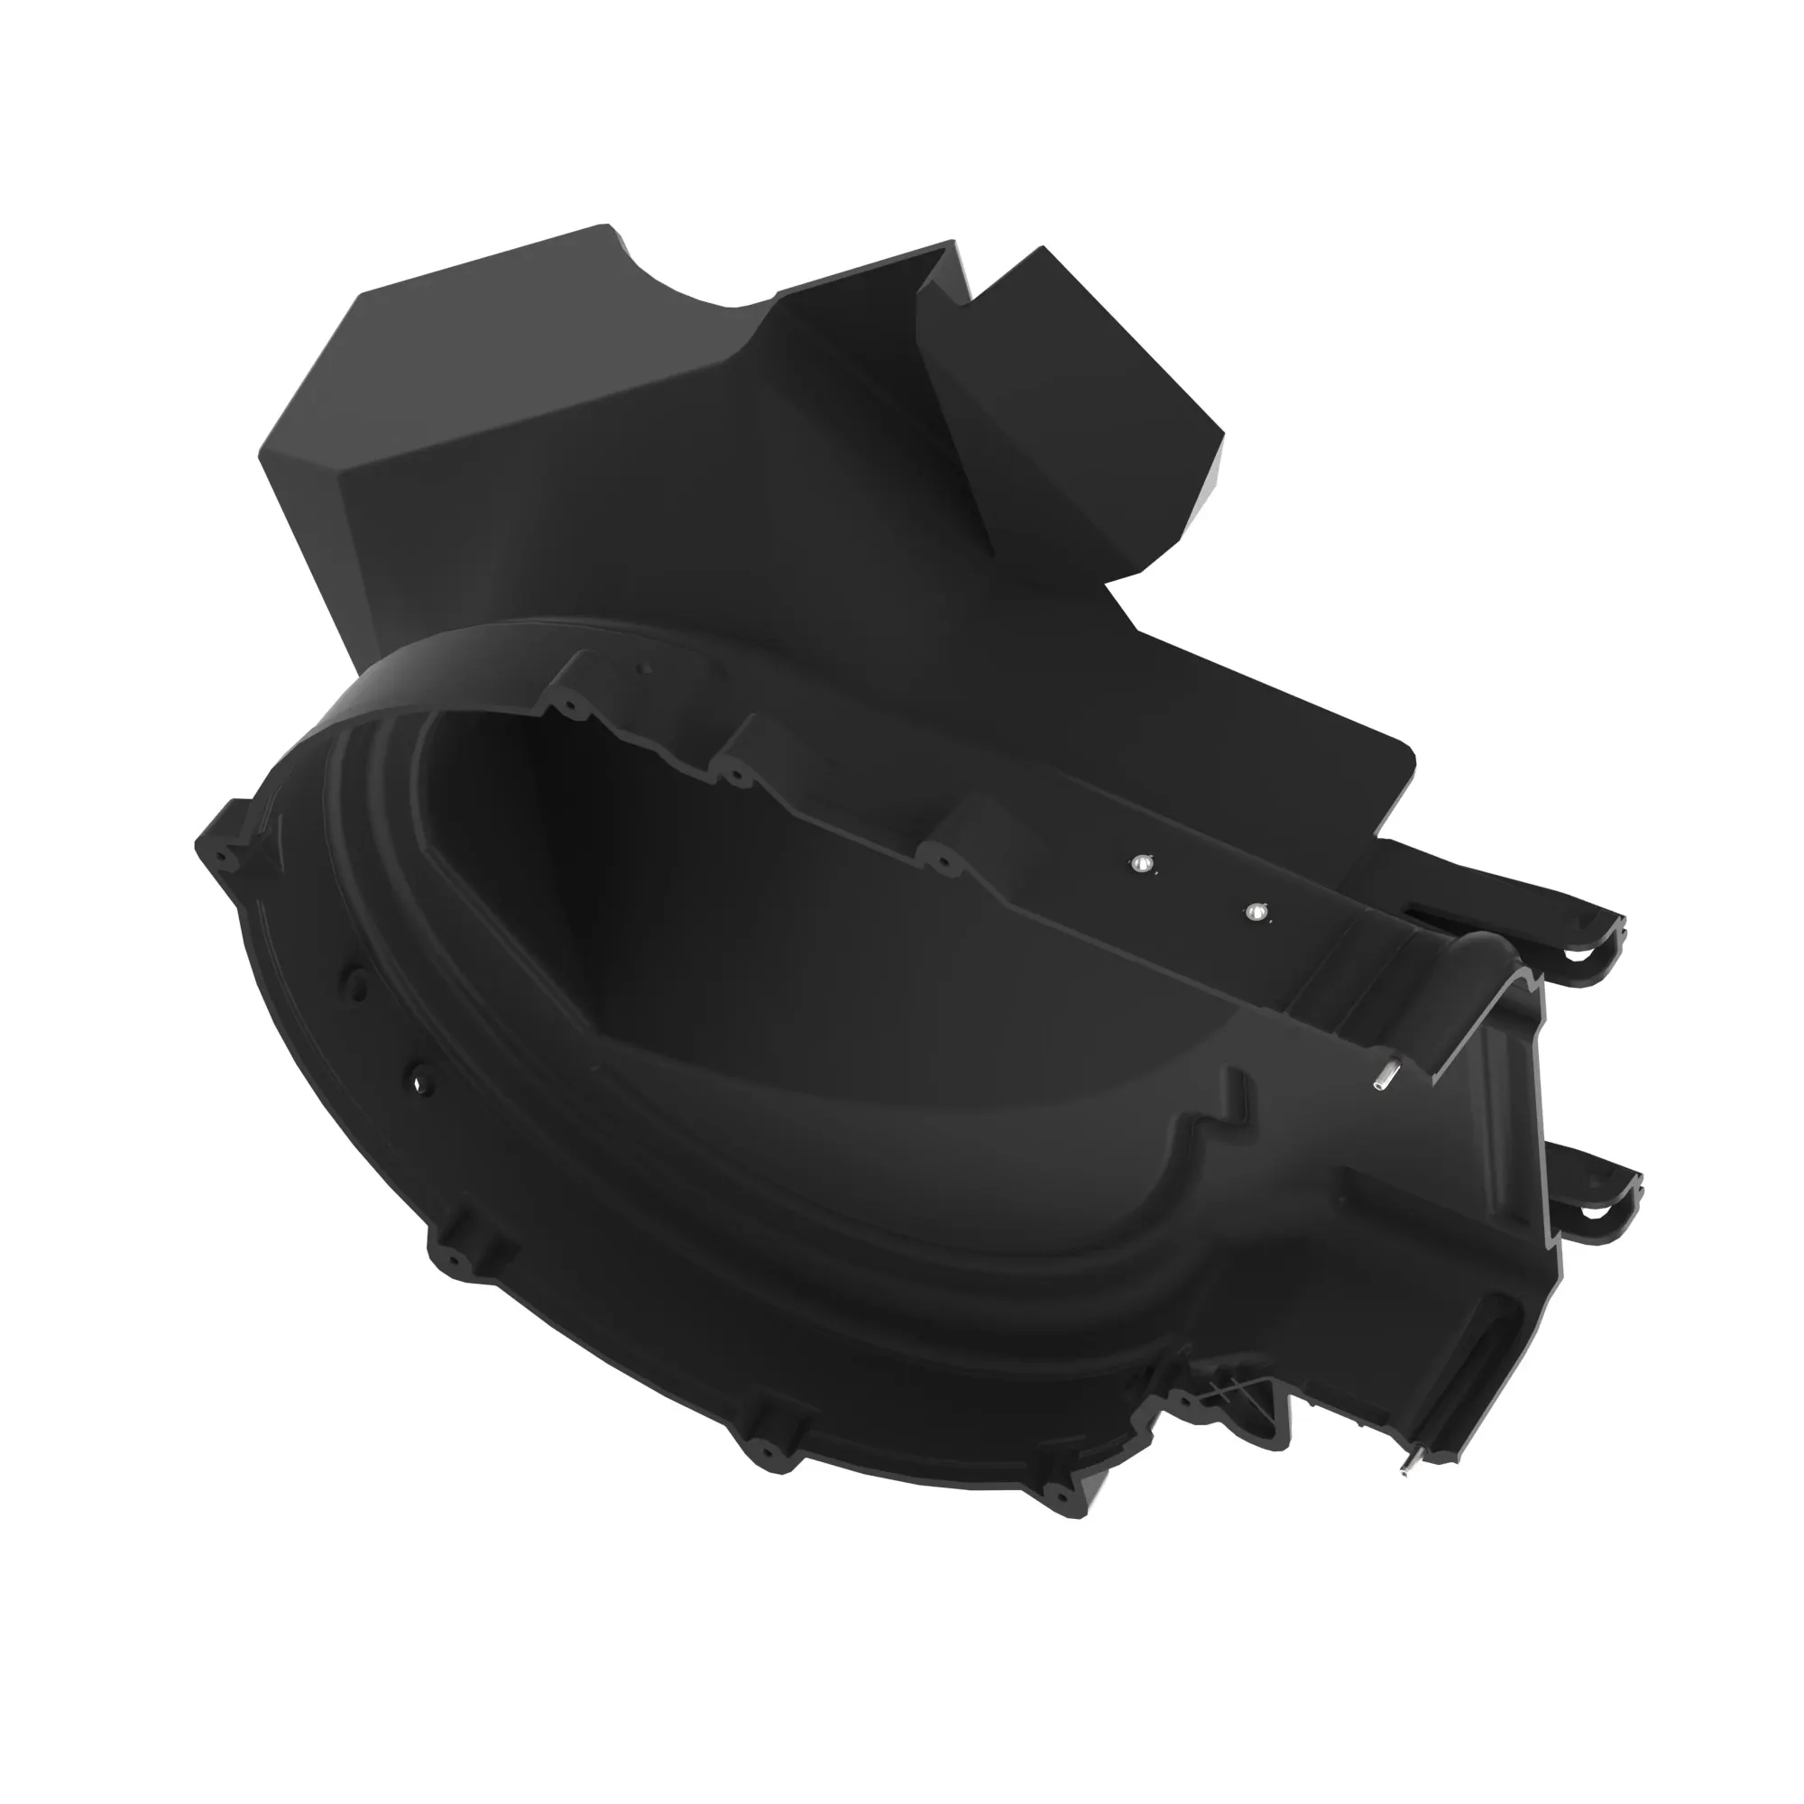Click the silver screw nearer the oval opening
pyautogui.click(x=1140, y=865)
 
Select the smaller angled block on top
pyautogui.click(x=1073, y=410)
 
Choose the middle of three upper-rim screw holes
pyautogui.click(x=736, y=774)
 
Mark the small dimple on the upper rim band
pyautogui.click(x=642, y=668)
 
